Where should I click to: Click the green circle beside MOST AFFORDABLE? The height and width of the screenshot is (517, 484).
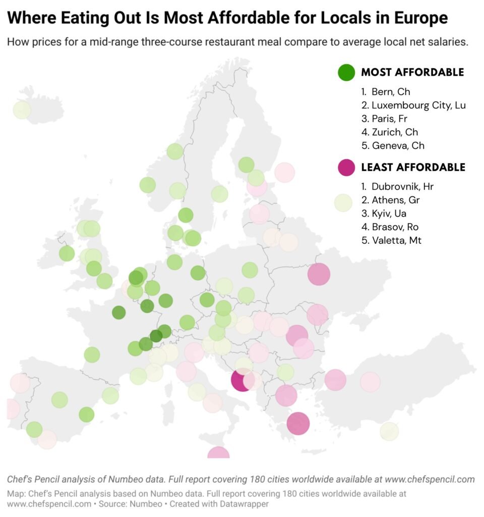[x=346, y=72]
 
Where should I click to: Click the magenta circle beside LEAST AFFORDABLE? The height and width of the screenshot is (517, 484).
[x=346, y=167]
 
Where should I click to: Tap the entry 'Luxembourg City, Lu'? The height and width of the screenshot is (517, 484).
[x=418, y=106]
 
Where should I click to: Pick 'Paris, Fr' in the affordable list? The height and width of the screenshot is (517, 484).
[x=389, y=119]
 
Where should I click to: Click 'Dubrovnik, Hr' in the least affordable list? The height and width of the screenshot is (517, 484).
[x=402, y=186]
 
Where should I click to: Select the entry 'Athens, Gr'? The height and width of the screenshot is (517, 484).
[x=395, y=200]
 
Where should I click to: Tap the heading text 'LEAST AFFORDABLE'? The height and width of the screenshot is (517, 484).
[x=413, y=167]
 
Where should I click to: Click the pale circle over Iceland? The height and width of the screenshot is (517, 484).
[x=21, y=110]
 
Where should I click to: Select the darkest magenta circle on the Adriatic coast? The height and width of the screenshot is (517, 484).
[x=241, y=380]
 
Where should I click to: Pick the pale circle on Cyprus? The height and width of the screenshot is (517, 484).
[x=389, y=431]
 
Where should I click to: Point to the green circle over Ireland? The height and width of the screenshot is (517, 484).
[x=67, y=253]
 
